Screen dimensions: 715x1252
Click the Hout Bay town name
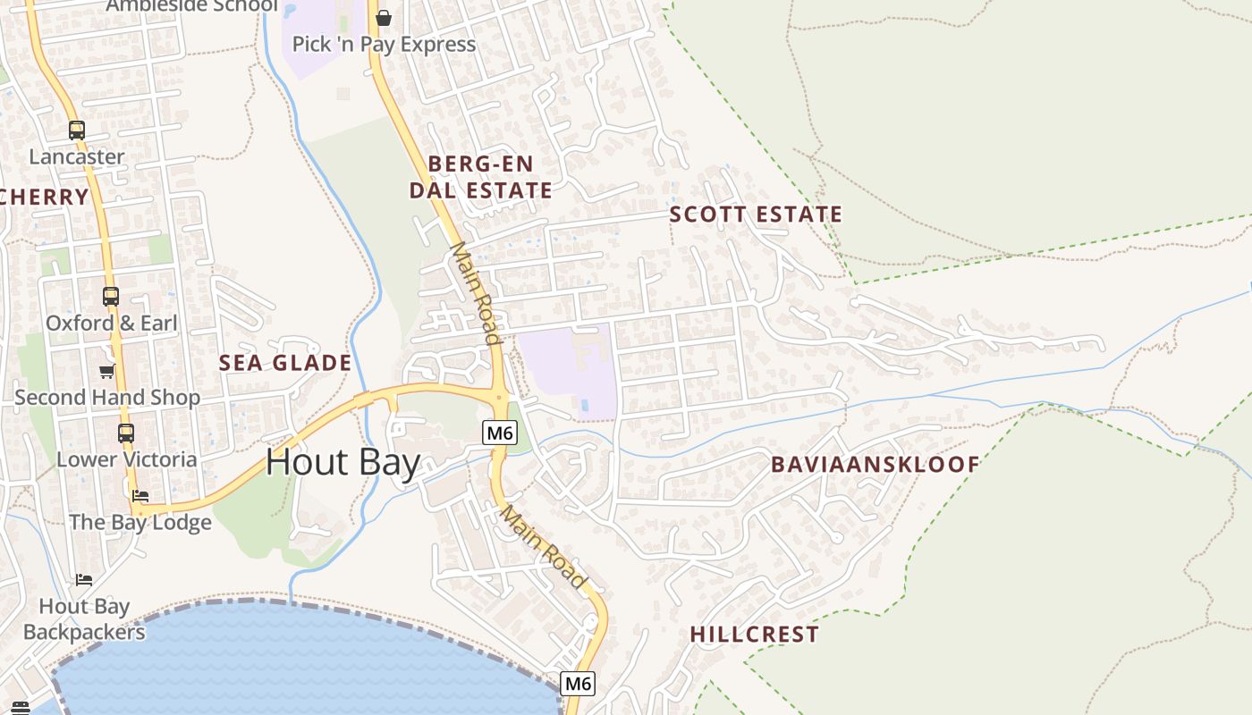(x=343, y=462)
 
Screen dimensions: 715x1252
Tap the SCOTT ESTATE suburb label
(x=756, y=214)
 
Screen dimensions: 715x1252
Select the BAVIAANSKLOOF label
(x=875, y=464)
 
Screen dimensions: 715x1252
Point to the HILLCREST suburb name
(x=754, y=635)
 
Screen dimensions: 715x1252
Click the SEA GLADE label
(x=285, y=363)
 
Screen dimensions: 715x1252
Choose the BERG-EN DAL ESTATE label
(x=480, y=177)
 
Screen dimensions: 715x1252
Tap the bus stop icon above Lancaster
(x=77, y=130)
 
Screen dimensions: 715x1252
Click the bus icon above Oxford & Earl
(x=111, y=297)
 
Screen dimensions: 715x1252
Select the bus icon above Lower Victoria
(x=126, y=433)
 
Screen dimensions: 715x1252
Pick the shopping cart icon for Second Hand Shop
(x=107, y=371)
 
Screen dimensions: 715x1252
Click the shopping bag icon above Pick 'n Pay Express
(x=384, y=18)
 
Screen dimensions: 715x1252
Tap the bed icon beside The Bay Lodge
(x=140, y=496)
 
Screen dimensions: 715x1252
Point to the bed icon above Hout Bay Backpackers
(x=84, y=580)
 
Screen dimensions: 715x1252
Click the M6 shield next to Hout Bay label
(x=500, y=433)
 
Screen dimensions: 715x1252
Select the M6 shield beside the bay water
(x=578, y=684)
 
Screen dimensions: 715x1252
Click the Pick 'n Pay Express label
(x=384, y=44)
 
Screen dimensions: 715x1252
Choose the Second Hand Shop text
(x=107, y=397)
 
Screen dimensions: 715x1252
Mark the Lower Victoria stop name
(x=126, y=459)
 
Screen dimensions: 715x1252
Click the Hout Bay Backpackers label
(x=84, y=619)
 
